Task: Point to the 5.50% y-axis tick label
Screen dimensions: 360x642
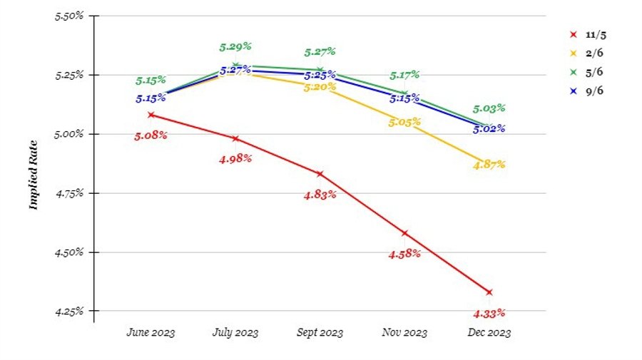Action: point(69,16)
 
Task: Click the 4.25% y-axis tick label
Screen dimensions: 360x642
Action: point(69,312)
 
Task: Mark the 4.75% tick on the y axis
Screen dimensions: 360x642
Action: point(69,193)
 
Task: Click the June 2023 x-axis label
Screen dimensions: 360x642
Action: point(151,332)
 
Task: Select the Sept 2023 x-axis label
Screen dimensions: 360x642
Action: point(320,332)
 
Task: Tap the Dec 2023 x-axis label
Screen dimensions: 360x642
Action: point(489,332)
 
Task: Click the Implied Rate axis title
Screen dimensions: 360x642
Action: point(33,181)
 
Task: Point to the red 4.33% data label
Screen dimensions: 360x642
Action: point(489,312)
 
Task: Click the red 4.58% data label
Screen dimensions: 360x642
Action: point(404,253)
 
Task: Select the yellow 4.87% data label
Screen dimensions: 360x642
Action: point(489,165)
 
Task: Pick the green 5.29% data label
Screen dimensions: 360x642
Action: point(235,46)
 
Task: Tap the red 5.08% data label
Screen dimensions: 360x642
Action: point(151,135)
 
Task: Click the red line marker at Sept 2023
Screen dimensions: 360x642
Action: point(320,174)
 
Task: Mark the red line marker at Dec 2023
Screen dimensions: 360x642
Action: point(489,292)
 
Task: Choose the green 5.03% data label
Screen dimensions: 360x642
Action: point(489,108)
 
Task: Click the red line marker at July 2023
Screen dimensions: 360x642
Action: point(235,138)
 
